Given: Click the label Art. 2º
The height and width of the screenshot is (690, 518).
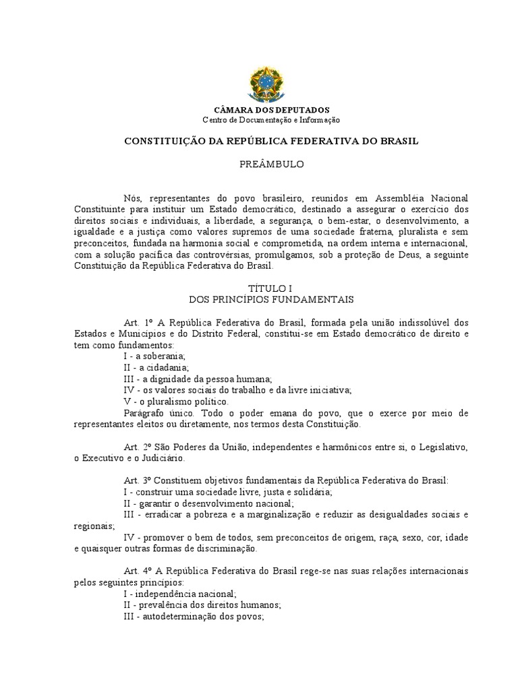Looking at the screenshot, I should point(140,448).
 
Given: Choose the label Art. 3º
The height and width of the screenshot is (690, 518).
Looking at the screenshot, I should point(140,480).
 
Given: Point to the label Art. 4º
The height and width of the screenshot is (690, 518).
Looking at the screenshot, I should point(140,571).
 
